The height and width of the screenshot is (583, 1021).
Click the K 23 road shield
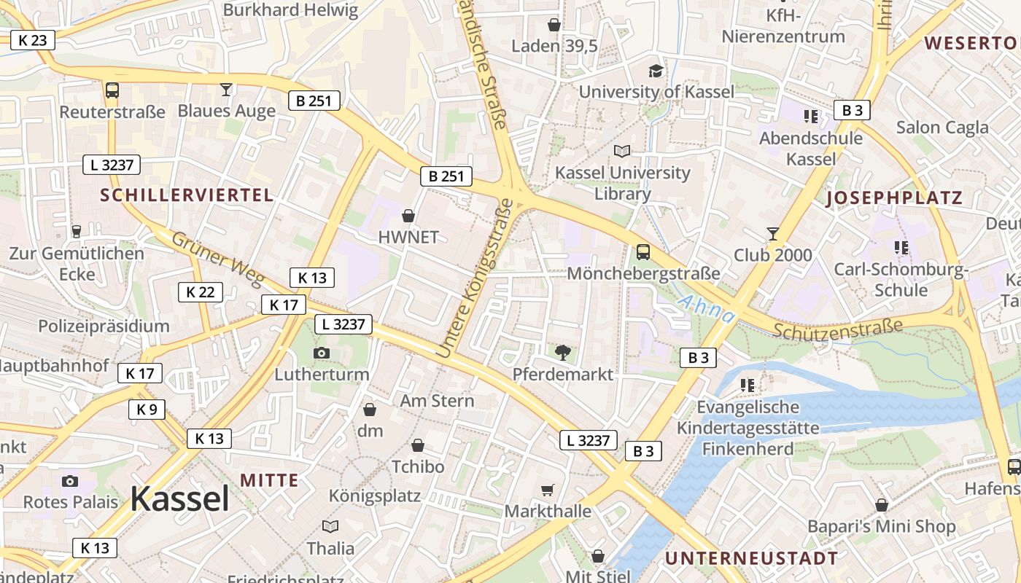33,40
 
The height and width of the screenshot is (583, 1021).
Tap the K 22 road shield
201,292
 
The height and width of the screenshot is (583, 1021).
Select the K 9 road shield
147,409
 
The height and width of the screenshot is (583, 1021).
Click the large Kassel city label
179,499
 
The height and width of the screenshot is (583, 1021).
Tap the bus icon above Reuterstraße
112,90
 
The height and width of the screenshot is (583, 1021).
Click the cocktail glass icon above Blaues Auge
226,90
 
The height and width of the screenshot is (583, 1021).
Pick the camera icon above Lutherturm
321,353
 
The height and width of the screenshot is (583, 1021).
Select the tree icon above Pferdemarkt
562,353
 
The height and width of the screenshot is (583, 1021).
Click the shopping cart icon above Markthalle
548,490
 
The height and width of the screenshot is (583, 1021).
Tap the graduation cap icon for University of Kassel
656,71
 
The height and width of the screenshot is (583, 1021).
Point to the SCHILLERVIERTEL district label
187,195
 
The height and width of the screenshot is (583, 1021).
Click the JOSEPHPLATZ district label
893,197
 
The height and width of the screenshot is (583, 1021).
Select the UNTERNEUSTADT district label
751,558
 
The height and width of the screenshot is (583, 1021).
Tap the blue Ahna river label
707,309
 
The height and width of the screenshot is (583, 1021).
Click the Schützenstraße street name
838,329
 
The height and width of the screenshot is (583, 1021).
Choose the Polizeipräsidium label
104,326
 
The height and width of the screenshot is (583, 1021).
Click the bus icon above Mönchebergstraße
643,252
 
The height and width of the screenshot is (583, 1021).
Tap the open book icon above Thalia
330,526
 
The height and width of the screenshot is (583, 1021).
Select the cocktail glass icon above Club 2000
773,234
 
